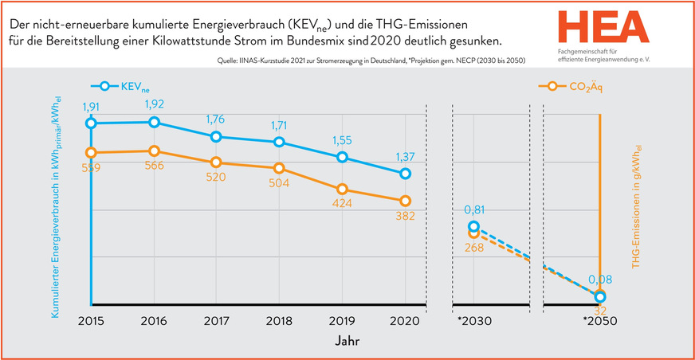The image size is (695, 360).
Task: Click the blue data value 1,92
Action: [x=155, y=104]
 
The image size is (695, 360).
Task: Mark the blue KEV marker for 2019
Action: [x=342, y=157]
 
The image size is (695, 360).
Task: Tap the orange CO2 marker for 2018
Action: [x=279, y=168]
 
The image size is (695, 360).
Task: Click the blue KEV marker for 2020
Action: [x=405, y=174]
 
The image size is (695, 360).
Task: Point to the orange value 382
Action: [x=405, y=216]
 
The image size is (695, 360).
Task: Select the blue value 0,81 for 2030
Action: [x=474, y=211]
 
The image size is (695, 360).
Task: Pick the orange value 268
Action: [x=474, y=248]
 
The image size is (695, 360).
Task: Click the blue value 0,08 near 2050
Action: [x=599, y=280]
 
